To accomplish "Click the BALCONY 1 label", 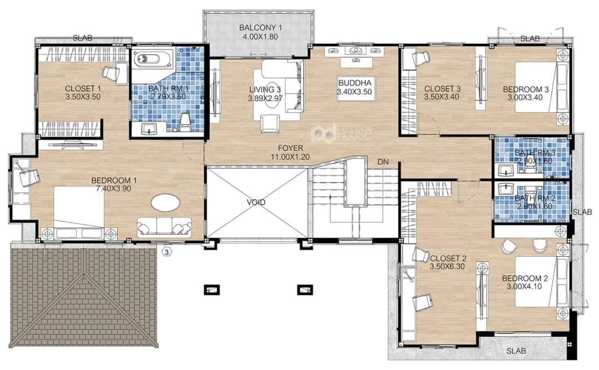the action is pyautogui.click(x=260, y=28).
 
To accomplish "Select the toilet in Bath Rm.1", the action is pyautogui.click(x=185, y=121).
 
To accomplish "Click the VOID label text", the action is pyautogui.click(x=256, y=202).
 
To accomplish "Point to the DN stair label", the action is pyautogui.click(x=383, y=161).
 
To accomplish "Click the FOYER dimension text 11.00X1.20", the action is pyautogui.click(x=290, y=157).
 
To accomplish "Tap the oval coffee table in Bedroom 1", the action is pyautogui.click(x=165, y=202).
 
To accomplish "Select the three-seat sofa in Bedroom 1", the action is pyautogui.click(x=165, y=226).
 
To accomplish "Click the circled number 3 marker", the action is pyautogui.click(x=167, y=252).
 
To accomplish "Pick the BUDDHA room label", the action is pyautogui.click(x=354, y=83).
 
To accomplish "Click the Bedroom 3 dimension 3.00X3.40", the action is pyautogui.click(x=525, y=98).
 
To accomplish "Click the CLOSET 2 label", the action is pyautogui.click(x=448, y=259).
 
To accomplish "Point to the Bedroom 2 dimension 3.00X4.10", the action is pyautogui.click(x=524, y=286).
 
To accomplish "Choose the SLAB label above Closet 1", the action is pyautogui.click(x=83, y=38).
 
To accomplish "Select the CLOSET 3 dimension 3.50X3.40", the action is pyautogui.click(x=441, y=97).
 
